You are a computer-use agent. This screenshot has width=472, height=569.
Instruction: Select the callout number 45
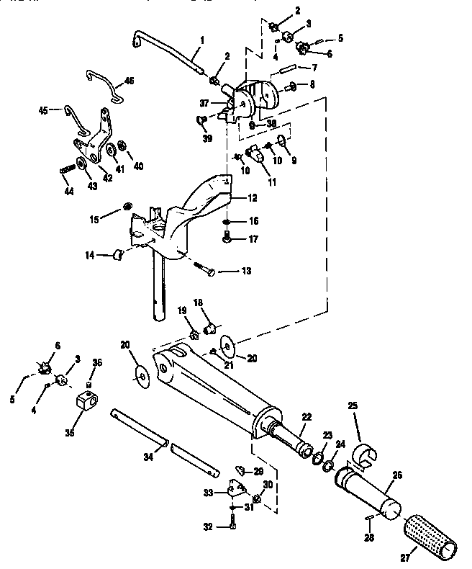42,110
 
